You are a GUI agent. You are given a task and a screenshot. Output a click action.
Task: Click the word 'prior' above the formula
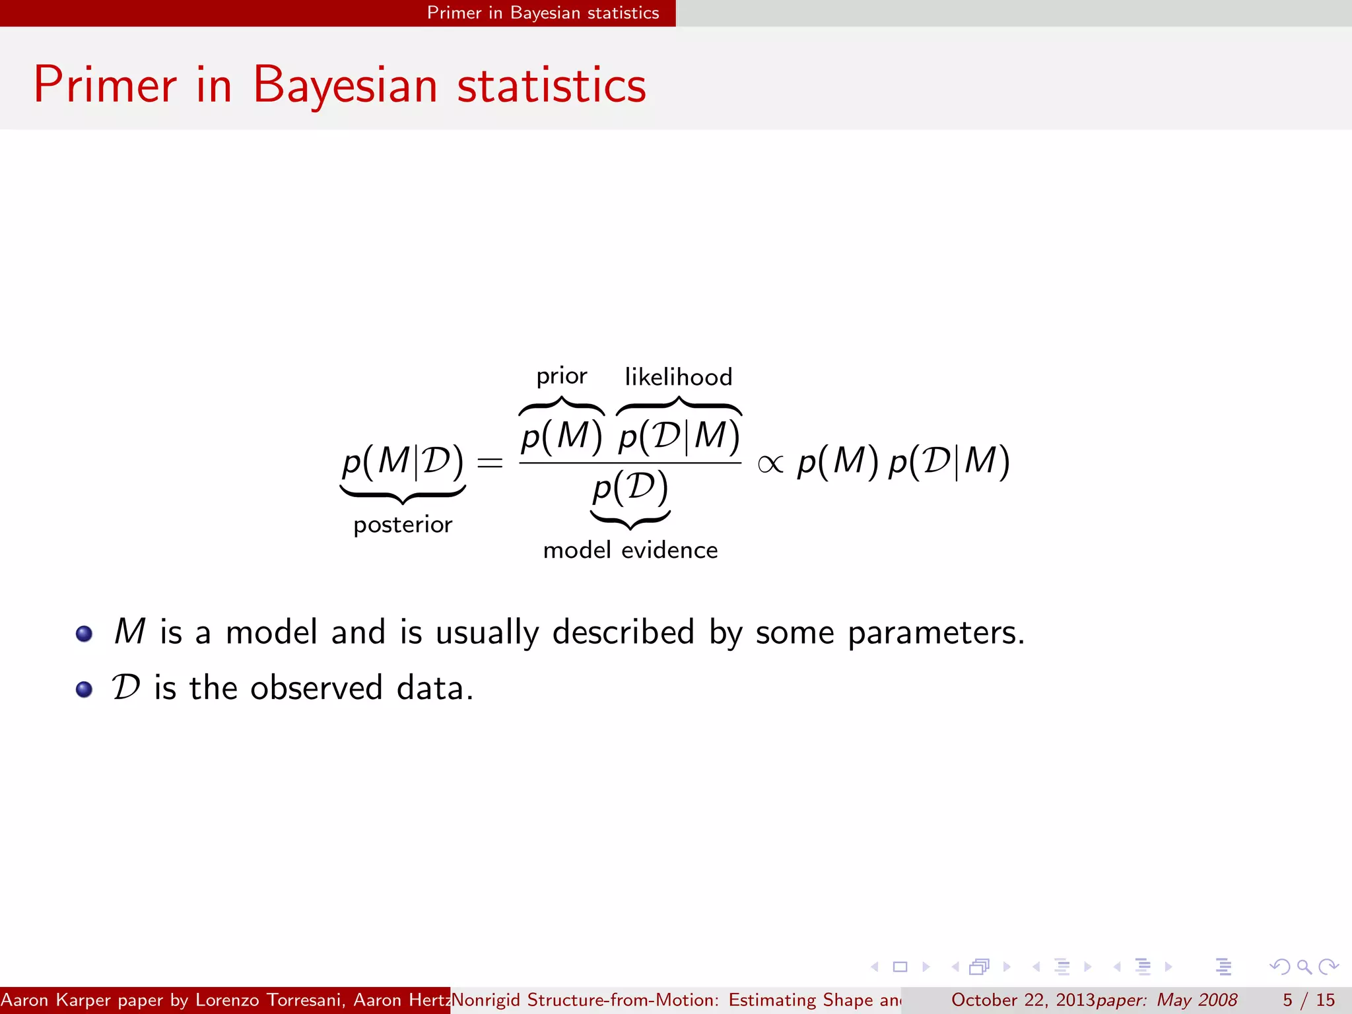[x=561, y=376]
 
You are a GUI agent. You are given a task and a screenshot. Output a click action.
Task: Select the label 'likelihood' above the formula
[x=678, y=377]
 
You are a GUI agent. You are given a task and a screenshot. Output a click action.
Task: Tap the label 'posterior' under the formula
[x=403, y=525]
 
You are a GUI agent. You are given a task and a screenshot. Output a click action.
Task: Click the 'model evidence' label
[x=630, y=550]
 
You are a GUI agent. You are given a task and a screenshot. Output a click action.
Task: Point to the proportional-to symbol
[x=770, y=464]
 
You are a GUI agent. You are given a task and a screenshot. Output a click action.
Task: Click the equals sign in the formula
[x=490, y=463]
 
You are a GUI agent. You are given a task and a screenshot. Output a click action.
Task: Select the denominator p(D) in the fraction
[x=630, y=489]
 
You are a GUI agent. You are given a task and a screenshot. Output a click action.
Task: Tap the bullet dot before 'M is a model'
[x=84, y=634]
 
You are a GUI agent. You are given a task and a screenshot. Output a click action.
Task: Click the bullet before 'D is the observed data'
[x=84, y=689]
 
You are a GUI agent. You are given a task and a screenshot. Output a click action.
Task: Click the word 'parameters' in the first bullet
[x=935, y=632]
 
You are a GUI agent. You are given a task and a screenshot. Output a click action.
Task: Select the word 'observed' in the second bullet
[x=316, y=688]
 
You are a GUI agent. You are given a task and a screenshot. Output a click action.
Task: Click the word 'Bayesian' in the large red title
[x=345, y=85]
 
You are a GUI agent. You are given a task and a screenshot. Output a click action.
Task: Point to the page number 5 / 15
[x=1308, y=1000]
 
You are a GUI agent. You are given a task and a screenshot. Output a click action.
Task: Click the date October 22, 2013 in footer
[x=1023, y=1000]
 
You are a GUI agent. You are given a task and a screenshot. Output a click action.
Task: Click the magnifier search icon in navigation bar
[x=1304, y=967]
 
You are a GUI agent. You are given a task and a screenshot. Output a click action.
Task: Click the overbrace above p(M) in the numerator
[x=561, y=405]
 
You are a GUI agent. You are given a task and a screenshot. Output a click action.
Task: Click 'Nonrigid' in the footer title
[x=487, y=1000]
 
